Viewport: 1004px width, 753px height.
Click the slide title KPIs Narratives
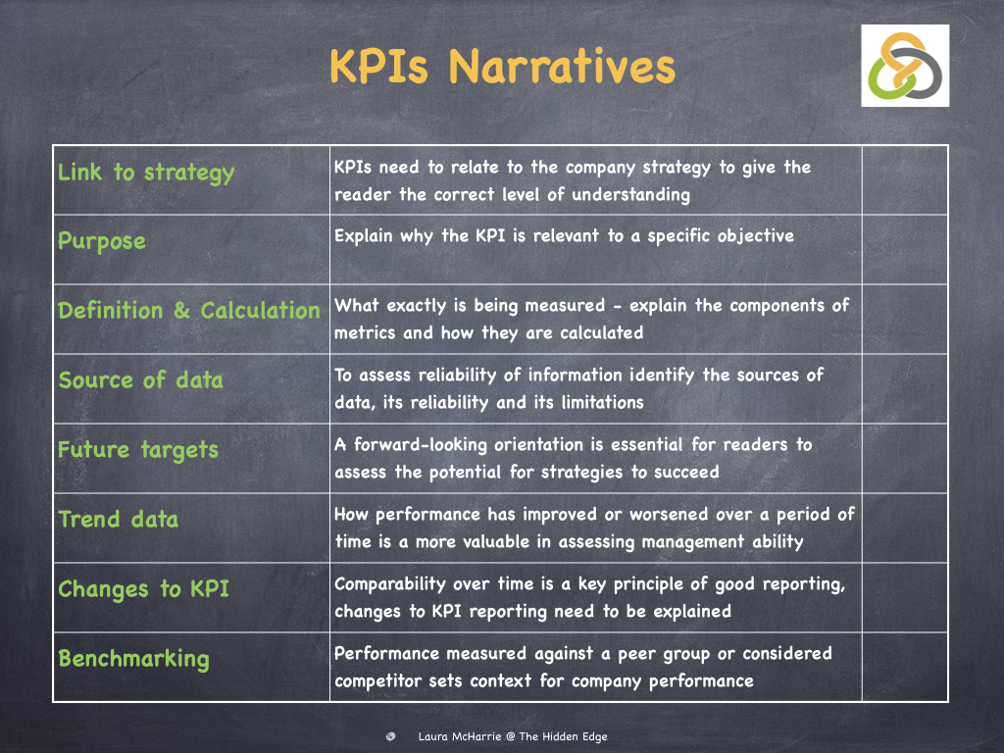(503, 67)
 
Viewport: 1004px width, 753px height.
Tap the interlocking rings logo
(905, 66)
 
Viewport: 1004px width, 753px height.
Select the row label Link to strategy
(146, 173)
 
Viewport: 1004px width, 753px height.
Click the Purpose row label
(102, 241)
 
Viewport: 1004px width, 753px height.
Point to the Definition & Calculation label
(189, 311)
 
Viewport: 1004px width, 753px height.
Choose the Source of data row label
(141, 379)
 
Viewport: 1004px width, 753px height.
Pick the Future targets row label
(138, 450)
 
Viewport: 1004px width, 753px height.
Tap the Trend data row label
(119, 519)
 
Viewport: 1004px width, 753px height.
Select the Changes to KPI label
(143, 589)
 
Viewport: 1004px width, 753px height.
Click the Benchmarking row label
(133, 659)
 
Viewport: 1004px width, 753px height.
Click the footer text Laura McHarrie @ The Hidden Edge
(513, 736)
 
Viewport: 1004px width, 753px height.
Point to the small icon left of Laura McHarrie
(390, 736)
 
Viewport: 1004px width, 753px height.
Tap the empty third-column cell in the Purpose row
(905, 249)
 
